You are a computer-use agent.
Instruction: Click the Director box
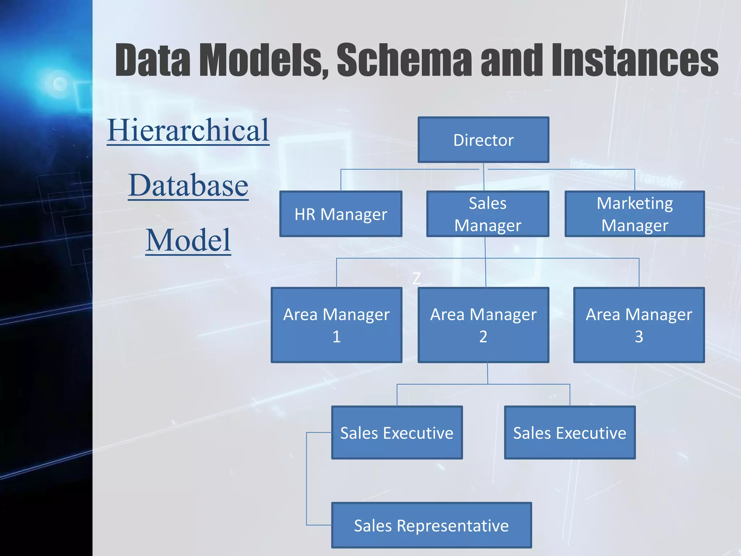483,140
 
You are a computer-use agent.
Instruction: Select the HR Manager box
341,214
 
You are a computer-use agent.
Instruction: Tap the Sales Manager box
488,214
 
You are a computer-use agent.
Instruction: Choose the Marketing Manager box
635,214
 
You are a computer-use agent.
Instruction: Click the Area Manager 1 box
336,325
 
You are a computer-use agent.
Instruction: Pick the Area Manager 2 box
483,325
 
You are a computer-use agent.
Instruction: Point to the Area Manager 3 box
639,325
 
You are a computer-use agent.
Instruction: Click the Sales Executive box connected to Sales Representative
397,433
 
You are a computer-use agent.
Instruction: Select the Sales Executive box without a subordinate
570,433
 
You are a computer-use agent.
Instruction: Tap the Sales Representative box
431,525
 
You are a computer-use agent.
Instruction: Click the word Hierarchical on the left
188,130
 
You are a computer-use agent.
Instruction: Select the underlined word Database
188,185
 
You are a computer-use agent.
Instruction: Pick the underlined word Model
188,240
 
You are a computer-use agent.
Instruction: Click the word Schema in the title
404,60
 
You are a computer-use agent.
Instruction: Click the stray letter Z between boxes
417,279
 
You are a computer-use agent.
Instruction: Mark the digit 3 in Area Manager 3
639,337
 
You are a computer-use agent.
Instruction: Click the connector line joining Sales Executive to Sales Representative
307,478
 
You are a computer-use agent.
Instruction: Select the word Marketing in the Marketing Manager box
635,203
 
